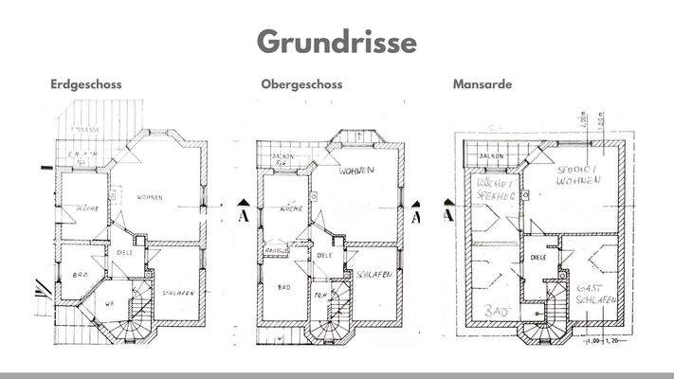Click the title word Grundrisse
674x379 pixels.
coord(337,43)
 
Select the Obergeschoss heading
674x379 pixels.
coord(301,84)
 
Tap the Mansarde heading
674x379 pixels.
coord(483,84)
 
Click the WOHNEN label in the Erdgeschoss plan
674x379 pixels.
coord(149,197)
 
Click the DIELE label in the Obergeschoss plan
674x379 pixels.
coord(323,256)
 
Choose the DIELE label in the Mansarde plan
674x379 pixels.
coord(540,259)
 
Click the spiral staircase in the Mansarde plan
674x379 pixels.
coord(543,321)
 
